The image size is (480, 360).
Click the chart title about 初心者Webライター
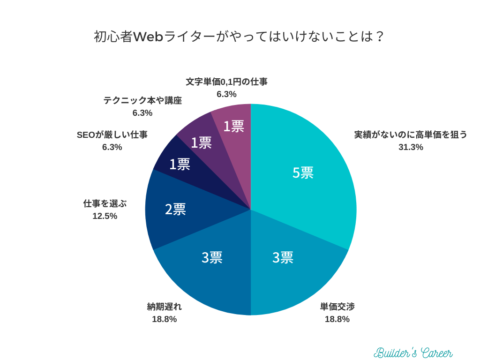pyautogui.click(x=240, y=37)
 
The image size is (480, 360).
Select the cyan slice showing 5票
pyautogui.click(x=303, y=172)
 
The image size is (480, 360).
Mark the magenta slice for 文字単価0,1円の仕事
pyautogui.click(x=233, y=126)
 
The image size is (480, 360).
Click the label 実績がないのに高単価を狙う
pyautogui.click(x=411, y=135)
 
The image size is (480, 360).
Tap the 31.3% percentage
pyautogui.click(x=411, y=147)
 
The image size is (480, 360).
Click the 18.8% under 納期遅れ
pyautogui.click(x=164, y=319)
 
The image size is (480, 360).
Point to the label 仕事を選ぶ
pyautogui.click(x=105, y=203)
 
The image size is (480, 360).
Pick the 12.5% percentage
pyautogui.click(x=105, y=216)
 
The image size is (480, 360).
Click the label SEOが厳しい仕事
pyautogui.click(x=112, y=135)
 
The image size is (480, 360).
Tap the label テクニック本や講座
pyautogui.click(x=142, y=100)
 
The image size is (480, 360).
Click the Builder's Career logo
pyautogui.click(x=413, y=352)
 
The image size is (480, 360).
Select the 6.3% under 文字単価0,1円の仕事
pyautogui.click(x=226, y=94)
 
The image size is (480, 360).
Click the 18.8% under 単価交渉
pyautogui.click(x=337, y=319)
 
